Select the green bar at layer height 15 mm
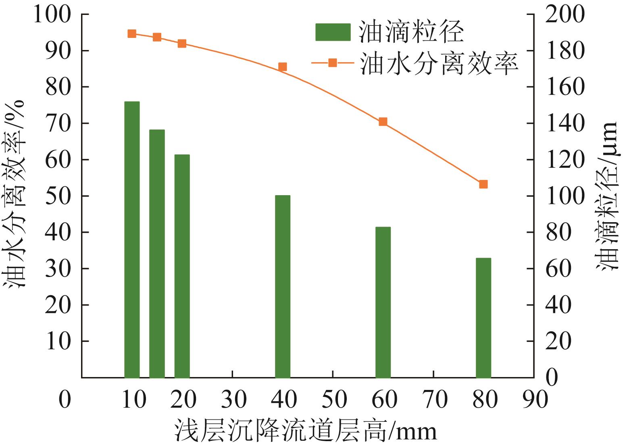[157, 254]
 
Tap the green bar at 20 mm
[182, 266]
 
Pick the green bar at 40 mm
[283, 286]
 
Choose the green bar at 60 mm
[383, 302]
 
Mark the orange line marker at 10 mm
[132, 33]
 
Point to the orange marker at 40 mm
[283, 67]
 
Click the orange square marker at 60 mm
[383, 122]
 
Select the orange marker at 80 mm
[483, 184]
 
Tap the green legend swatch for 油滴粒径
[333, 32]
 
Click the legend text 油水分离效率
[439, 63]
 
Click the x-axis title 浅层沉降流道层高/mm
[306, 431]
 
